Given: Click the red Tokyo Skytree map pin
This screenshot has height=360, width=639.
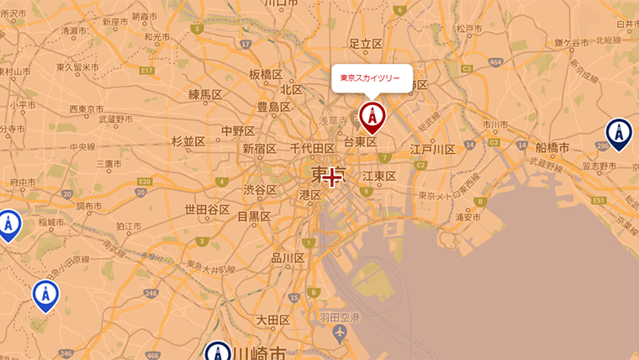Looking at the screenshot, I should coord(370,116).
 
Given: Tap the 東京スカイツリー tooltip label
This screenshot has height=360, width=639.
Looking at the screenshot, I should coord(370,78).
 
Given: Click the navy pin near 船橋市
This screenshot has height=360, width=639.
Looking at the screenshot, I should coord(619,133).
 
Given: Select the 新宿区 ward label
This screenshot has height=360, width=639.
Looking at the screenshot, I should coord(260,149).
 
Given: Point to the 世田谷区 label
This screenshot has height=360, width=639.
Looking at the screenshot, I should coord(207,209).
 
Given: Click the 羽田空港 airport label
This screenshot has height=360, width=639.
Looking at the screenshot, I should coord(340,317).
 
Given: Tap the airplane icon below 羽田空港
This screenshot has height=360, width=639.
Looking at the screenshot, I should coord(340,334).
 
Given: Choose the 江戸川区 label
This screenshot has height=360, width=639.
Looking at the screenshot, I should coord(432,150).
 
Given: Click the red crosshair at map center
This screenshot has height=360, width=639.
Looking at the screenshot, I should coord(333,177).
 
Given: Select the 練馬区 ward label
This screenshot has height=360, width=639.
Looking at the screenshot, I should coord(205,94).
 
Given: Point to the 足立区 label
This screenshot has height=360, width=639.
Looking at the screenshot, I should coord(366,44).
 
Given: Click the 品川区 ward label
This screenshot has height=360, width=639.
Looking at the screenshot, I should coord(288,258).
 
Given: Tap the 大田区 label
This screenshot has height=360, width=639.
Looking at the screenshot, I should coord(273,320).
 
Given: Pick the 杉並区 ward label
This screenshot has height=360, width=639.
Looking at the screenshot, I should coord(188,141).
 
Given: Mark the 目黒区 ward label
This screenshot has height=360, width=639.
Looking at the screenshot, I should coord(253,216).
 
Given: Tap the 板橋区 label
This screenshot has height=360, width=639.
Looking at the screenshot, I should coord(266,74).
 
